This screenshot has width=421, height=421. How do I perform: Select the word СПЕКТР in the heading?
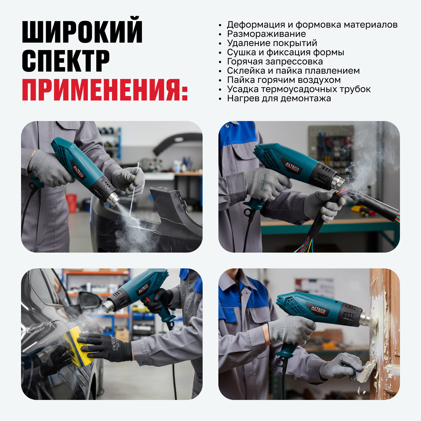pyautogui.click(x=66, y=61)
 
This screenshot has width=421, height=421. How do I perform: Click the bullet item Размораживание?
pyautogui.click(x=266, y=34)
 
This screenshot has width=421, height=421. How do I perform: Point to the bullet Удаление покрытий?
pyautogui.click(x=272, y=43)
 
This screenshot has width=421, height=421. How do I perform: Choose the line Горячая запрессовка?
pyautogui.click(x=275, y=62)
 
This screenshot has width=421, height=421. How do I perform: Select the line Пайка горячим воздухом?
pyautogui.click(x=284, y=80)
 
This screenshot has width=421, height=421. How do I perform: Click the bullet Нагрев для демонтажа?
pyautogui.click(x=279, y=98)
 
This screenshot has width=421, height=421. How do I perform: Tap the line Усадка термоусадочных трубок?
pyautogui.click(x=299, y=89)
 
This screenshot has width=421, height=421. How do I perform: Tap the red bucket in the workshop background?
pyautogui.click(x=71, y=203)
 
